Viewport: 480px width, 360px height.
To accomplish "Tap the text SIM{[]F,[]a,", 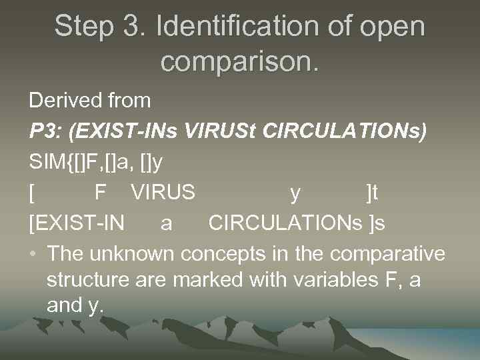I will (x=79, y=163).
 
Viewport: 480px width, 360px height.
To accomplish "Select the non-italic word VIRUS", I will (x=163, y=193).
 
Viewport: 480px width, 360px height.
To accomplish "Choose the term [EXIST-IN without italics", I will (x=77, y=223).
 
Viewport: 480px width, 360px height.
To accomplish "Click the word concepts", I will (x=217, y=254).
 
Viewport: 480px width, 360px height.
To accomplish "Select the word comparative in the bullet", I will (x=387, y=254).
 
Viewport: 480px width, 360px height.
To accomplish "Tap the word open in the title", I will (x=393, y=27).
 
